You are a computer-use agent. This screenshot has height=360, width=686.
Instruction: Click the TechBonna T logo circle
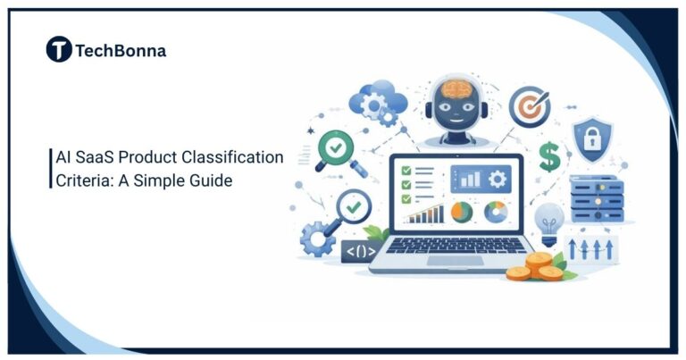coord(59,50)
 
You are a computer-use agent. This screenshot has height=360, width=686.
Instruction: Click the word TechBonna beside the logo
coord(120,51)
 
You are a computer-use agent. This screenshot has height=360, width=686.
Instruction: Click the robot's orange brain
coord(457,90)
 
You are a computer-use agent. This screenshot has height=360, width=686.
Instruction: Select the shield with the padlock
coord(591,138)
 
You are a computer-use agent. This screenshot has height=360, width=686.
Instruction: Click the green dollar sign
coord(548,158)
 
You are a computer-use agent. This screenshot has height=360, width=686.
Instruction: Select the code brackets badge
coord(359,251)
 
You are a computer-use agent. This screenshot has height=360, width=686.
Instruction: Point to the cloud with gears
coord(372,103)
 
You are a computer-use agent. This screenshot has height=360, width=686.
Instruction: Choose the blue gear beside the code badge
coord(318,238)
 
